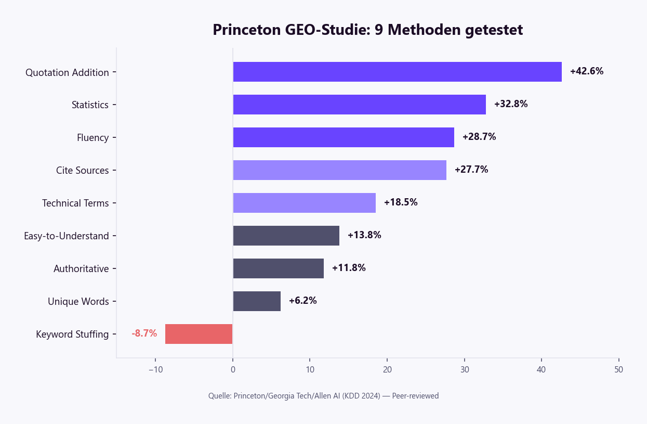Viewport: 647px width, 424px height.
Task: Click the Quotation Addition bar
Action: tap(397, 72)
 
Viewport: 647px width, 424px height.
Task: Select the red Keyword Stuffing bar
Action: tap(199, 334)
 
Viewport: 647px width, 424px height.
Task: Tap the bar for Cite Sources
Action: tap(339, 170)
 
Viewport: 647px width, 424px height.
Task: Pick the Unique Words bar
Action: tap(257, 301)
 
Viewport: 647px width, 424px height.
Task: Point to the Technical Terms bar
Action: tap(304, 203)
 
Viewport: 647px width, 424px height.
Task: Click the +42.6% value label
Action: tap(587, 71)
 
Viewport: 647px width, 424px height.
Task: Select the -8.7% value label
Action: tap(144, 333)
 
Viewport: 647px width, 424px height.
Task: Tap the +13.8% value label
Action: tap(364, 235)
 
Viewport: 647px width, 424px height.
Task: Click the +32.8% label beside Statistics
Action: tap(511, 104)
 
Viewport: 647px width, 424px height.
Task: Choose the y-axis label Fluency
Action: tap(93, 138)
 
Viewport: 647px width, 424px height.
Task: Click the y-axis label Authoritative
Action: tap(81, 269)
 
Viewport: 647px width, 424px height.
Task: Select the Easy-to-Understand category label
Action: tap(67, 236)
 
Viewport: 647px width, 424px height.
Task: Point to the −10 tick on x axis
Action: tap(155, 370)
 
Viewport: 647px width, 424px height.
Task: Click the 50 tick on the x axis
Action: tap(618, 370)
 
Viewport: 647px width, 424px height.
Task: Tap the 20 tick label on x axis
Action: tap(387, 370)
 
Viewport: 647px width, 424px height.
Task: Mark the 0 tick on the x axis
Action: tap(232, 370)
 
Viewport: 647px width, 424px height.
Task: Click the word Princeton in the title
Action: tap(247, 30)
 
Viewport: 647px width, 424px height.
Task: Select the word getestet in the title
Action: tap(494, 30)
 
